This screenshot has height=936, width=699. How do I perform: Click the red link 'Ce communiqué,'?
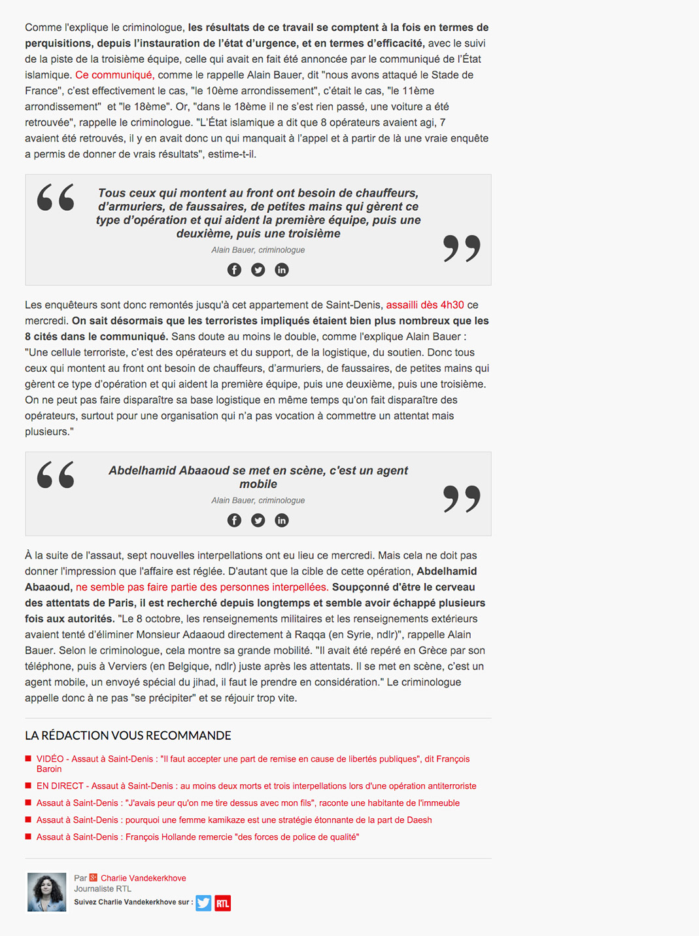tap(114, 75)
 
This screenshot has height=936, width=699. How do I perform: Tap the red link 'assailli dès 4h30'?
tap(425, 305)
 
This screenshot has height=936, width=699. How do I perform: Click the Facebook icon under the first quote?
tap(234, 270)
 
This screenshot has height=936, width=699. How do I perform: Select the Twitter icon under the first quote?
tap(258, 270)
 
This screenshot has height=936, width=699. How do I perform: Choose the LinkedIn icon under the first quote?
tap(282, 270)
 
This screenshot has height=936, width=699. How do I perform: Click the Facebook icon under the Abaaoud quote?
tap(234, 520)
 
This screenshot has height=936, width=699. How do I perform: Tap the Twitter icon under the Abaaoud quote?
tap(258, 520)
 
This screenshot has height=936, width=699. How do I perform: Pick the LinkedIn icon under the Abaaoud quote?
tap(282, 520)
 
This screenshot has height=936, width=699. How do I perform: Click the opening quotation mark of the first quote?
tap(56, 198)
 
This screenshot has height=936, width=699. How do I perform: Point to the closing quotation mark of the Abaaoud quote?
tap(462, 499)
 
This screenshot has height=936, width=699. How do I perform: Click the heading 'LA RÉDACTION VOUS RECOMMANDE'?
tap(128, 736)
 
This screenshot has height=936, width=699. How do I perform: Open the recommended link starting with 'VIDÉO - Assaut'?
tap(253, 759)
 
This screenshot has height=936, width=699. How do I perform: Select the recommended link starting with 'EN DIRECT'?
tap(256, 786)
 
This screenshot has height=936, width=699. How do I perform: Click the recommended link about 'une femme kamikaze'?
tap(234, 820)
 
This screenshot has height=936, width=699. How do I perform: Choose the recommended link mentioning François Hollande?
tap(197, 837)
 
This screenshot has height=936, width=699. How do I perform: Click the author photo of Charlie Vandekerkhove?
tap(47, 892)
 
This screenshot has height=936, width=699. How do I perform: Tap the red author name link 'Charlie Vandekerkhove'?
tap(143, 878)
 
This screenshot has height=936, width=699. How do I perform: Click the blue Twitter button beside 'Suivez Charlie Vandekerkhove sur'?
tap(203, 903)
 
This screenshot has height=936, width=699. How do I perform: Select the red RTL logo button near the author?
tap(223, 903)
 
